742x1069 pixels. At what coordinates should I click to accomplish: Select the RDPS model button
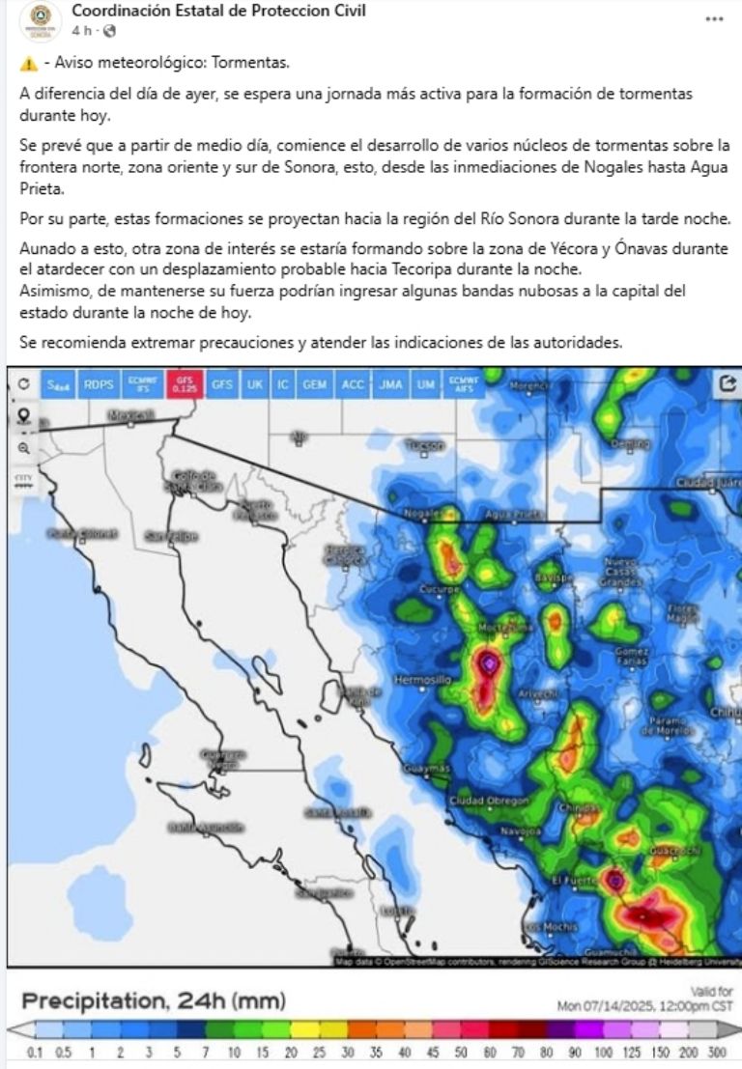pos(99,383)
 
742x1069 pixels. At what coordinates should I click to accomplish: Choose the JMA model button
pos(391,383)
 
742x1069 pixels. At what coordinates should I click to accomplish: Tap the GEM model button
pos(314,383)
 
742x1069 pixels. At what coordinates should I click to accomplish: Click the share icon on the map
pos(728,383)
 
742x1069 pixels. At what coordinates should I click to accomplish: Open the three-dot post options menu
pos(714,18)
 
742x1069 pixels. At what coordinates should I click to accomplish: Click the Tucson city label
pos(425,445)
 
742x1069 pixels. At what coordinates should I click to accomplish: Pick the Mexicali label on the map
pos(131,415)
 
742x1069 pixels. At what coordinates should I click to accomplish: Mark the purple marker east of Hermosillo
pos(490,663)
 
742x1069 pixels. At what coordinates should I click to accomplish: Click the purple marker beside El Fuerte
pos(615,880)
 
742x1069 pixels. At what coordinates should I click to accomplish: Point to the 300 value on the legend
pos(717,1052)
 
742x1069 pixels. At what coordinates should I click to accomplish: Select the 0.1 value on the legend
pos(36,1052)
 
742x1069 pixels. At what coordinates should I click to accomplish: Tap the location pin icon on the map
pos(23,416)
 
